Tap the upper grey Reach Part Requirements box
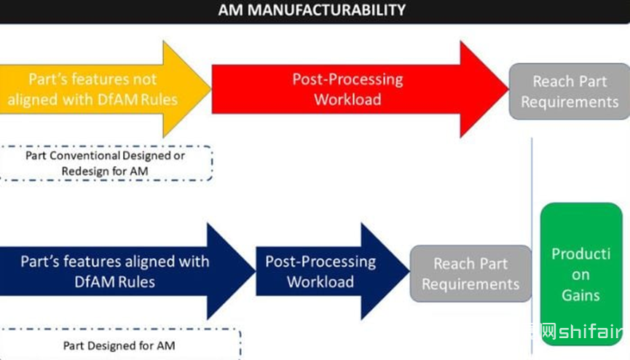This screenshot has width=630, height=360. [569, 91]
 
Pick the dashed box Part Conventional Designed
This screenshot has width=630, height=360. [106, 163]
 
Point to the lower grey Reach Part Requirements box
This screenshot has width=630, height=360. [470, 273]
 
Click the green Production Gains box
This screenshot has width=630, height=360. [580, 274]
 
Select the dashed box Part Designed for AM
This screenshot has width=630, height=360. [120, 345]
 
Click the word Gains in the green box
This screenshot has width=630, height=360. [580, 295]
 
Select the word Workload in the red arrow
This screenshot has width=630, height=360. [347, 99]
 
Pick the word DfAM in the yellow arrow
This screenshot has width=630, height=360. [113, 99]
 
